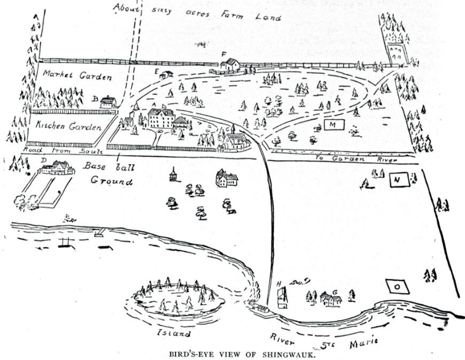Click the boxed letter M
pos(333,125)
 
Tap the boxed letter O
pos(397,286)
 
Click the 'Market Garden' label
pos(77,75)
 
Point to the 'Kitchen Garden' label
pos(69,127)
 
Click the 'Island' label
pos(174,333)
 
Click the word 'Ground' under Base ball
pos(111,181)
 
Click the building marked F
pos(230,65)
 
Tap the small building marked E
pos(166,75)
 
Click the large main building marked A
pos(161,118)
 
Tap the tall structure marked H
pos(283,298)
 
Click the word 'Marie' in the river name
pos(363,342)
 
